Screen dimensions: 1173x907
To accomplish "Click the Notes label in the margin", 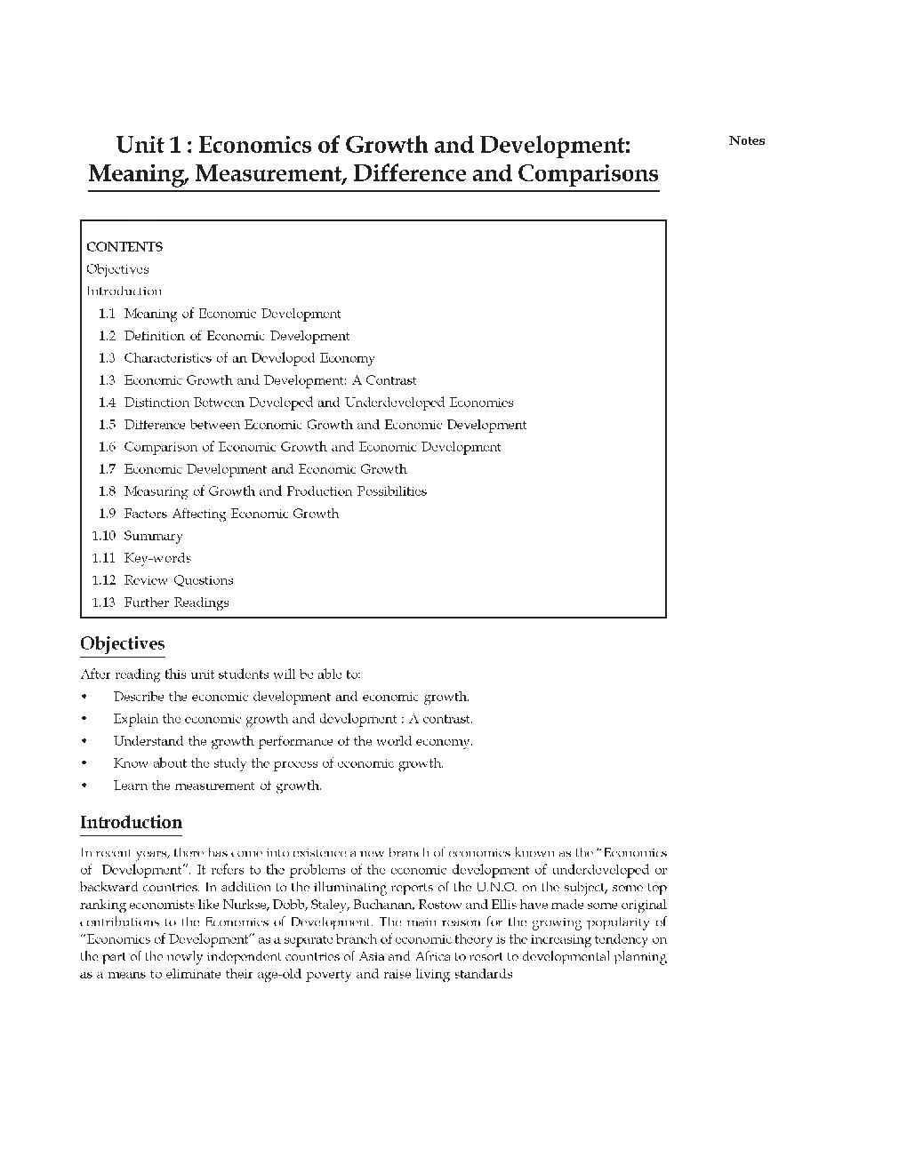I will [x=746, y=140].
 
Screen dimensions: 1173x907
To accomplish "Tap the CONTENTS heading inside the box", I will [x=124, y=247].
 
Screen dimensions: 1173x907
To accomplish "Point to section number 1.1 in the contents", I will [x=107, y=314].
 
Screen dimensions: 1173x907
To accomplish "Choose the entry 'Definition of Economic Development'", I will [x=237, y=336].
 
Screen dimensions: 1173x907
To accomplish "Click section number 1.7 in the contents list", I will [x=107, y=469].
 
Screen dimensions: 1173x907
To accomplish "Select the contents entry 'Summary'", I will [x=153, y=536].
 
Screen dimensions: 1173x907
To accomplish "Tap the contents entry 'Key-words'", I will [x=157, y=558].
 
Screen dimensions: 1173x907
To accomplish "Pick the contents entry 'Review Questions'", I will [x=179, y=580].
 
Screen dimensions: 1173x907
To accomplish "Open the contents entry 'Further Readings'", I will [x=176, y=602].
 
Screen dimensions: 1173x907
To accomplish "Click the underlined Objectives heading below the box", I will [x=122, y=644].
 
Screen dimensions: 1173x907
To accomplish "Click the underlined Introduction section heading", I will [x=131, y=823].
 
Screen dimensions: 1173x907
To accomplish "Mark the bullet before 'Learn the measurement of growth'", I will [x=84, y=786].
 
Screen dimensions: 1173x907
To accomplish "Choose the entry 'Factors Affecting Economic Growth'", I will [x=231, y=514].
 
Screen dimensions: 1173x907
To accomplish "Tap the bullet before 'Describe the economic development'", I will [x=84, y=697].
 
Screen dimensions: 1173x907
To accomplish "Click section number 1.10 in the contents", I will [x=103, y=536].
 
